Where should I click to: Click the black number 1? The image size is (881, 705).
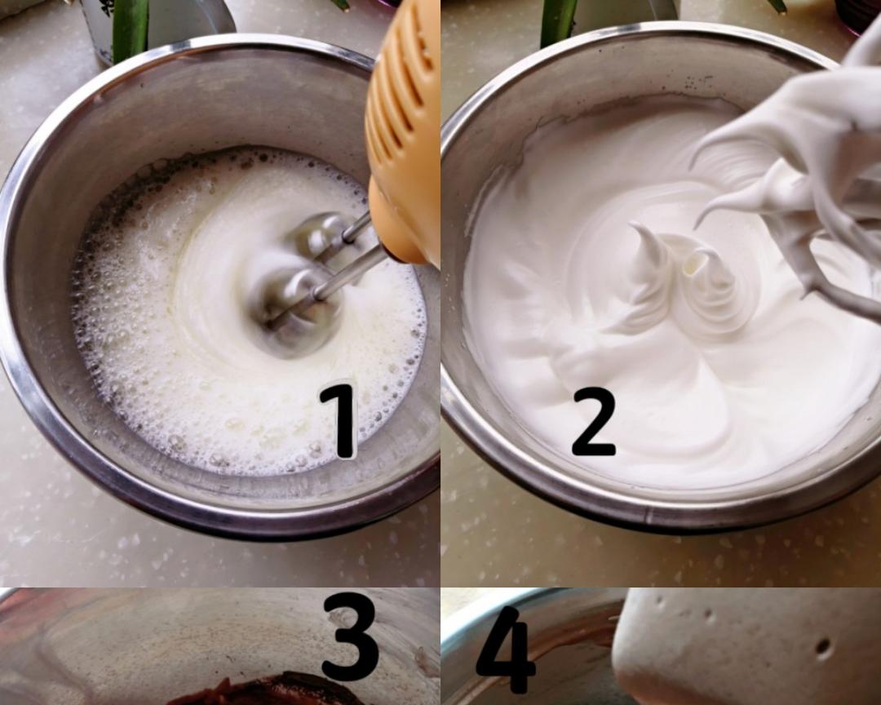tap(340, 420)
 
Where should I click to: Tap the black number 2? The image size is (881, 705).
tap(593, 420)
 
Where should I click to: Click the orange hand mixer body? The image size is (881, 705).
tap(402, 135)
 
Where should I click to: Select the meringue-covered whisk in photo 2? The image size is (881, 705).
tap(798, 185)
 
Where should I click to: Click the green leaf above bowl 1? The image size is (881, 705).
tap(131, 25)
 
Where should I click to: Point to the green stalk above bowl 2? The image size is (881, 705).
tap(559, 20)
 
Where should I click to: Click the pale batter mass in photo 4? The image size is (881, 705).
tap(747, 646)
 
